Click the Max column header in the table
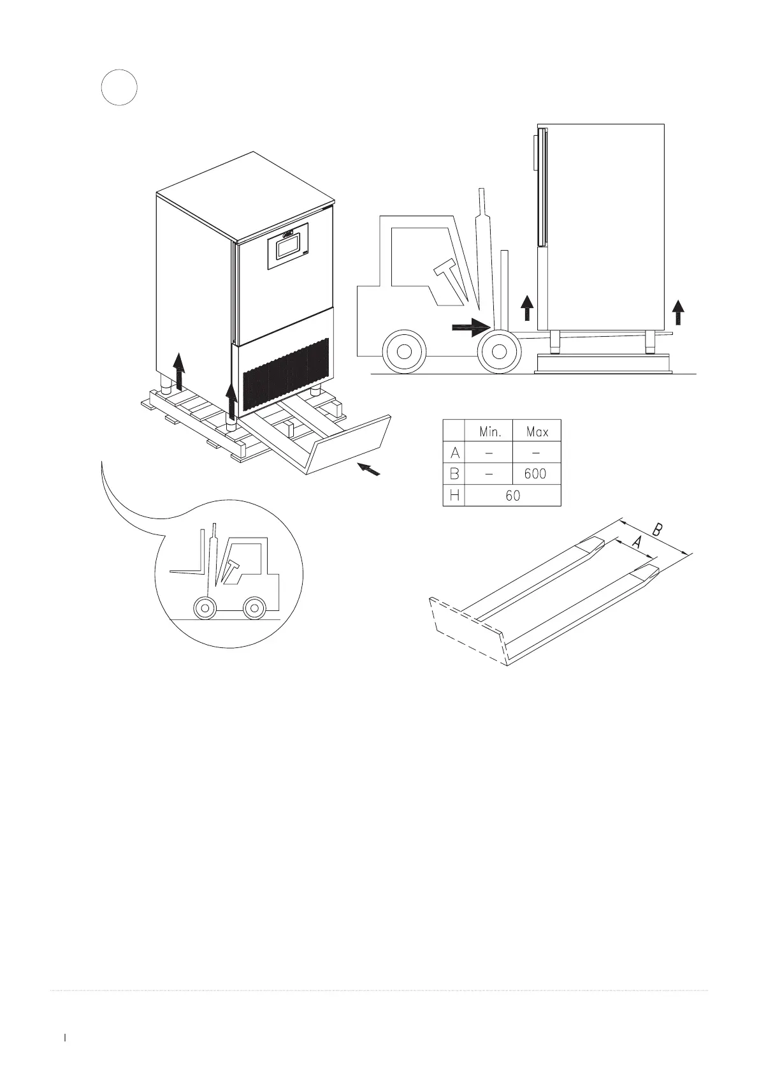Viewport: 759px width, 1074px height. pyautogui.click(x=537, y=432)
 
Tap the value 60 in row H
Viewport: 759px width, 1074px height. pyautogui.click(x=513, y=495)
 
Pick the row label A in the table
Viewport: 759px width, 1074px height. pyautogui.click(x=454, y=453)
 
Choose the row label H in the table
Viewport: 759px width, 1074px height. pyautogui.click(x=454, y=495)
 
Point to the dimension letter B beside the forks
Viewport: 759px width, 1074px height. pyautogui.click(x=660, y=529)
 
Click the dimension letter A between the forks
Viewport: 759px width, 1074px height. pyautogui.click(x=636, y=543)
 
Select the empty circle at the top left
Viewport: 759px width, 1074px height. pyautogui.click(x=120, y=87)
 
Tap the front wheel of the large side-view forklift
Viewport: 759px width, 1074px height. pyautogui.click(x=500, y=350)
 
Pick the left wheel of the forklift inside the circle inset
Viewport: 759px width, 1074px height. pyautogui.click(x=204, y=608)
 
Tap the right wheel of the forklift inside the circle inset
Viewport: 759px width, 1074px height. pyautogui.click(x=254, y=608)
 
